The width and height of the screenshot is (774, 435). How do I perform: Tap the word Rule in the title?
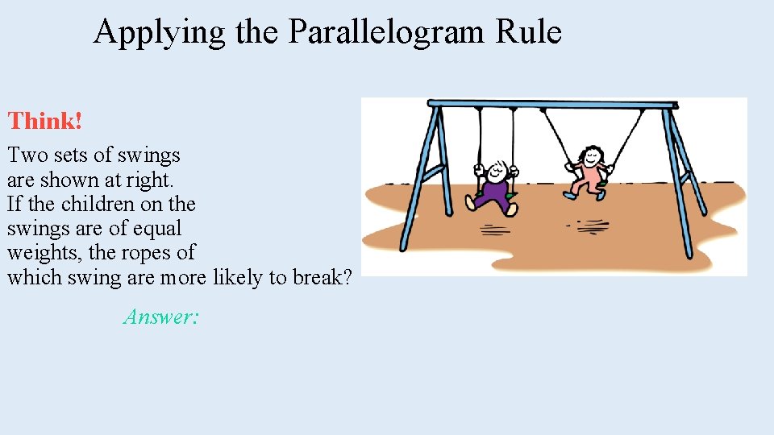529,32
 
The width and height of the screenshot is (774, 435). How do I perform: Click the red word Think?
45,122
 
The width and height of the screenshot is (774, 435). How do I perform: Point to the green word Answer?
160,317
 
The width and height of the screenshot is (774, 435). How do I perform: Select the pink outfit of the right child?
593,176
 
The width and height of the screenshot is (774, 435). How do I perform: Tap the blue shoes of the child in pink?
573,195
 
